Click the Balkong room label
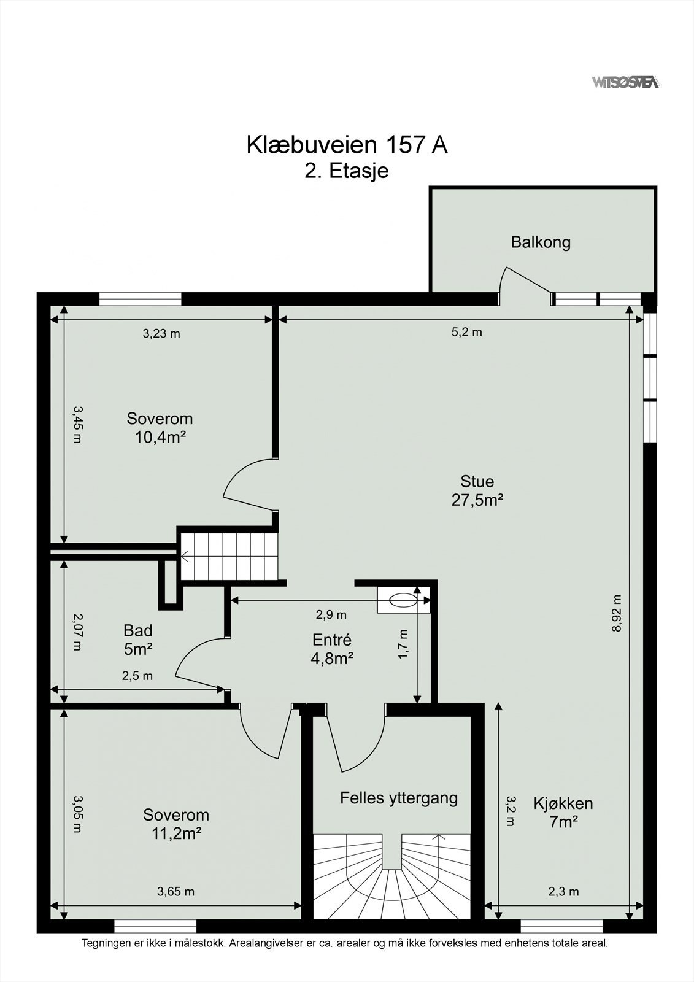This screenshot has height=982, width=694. coord(541,242)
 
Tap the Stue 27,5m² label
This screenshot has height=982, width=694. coord(477,490)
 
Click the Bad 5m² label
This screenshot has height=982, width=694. coord(138,640)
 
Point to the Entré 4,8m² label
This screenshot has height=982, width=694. coord(332,649)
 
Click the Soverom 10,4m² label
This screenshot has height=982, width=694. coord(160,427)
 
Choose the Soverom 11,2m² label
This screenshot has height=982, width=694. coord(176,824)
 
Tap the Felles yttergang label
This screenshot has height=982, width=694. coord(399,798)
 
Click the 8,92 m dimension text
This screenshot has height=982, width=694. coord(617,613)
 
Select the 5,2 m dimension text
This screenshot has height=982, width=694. coord(467,332)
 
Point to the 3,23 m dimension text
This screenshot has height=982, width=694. coord(161,334)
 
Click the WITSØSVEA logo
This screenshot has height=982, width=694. coord(626,82)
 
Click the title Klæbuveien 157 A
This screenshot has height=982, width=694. coord(347,145)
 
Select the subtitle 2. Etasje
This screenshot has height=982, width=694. coord(347,171)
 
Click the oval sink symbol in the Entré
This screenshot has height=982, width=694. coord(403,600)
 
